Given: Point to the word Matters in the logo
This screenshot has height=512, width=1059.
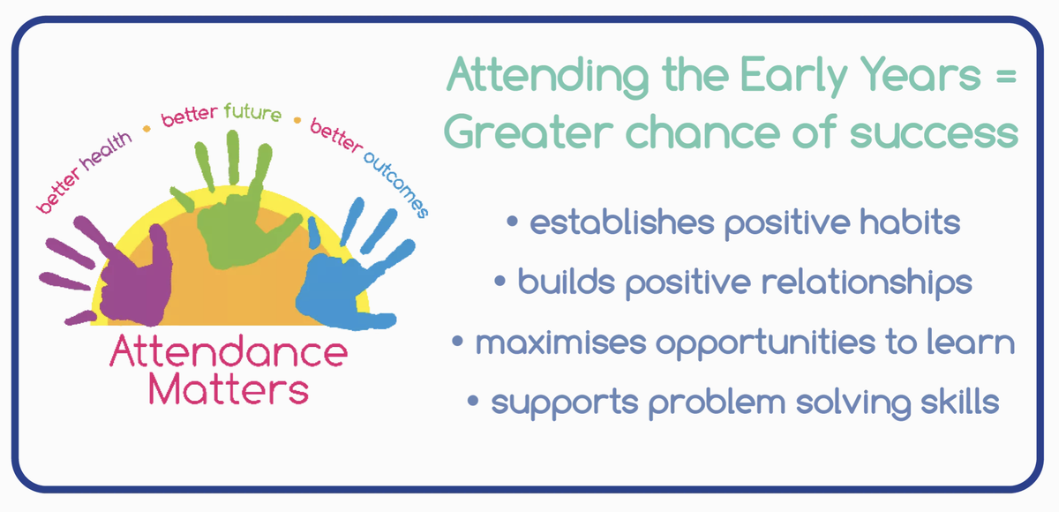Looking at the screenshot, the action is [x=229, y=388].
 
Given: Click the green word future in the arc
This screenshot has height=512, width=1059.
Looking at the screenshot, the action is [x=252, y=112].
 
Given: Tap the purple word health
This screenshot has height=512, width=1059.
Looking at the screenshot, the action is [x=106, y=151].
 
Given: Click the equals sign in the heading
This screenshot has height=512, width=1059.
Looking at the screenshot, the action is [x=1006, y=76].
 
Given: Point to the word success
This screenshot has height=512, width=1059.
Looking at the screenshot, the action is [x=935, y=134].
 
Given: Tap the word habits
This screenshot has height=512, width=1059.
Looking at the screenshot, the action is [x=910, y=222].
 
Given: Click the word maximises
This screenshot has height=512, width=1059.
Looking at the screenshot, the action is [x=560, y=342].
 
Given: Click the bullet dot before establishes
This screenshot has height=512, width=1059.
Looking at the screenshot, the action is [x=513, y=222].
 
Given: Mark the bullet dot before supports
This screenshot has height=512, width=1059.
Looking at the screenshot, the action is [x=473, y=401].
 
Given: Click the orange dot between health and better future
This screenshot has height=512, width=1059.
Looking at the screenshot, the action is [x=146, y=129].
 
